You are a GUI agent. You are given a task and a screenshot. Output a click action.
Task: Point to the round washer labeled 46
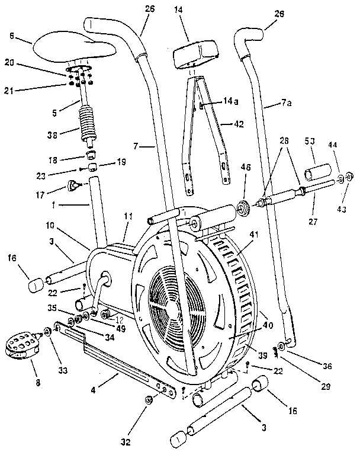coord(243,209)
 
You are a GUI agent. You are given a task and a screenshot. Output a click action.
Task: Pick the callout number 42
coord(238,124)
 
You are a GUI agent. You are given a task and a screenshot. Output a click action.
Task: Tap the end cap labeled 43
coord(349,176)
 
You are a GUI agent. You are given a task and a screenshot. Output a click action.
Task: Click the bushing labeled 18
coord(91,155)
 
